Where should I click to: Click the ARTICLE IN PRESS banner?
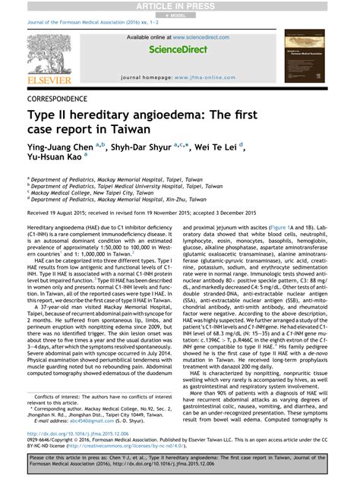[180, 5]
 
